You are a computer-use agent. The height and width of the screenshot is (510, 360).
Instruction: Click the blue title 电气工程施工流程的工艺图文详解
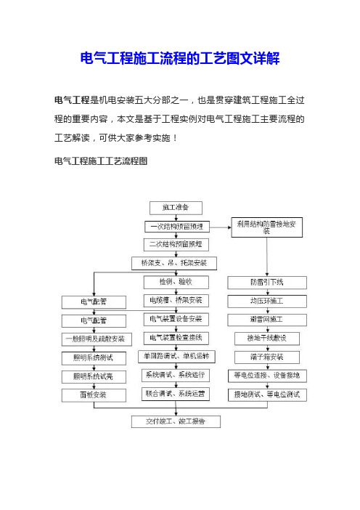click(x=180, y=58)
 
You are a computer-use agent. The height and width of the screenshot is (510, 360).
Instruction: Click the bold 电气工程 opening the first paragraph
click(x=72, y=100)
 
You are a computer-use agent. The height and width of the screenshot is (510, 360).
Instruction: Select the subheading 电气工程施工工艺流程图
click(x=101, y=161)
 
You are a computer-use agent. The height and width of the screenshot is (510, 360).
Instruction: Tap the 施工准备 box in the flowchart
click(x=176, y=208)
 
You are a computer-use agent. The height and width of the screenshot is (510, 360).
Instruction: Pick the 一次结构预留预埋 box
click(x=177, y=227)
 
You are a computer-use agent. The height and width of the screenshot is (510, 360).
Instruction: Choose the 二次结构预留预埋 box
click(x=176, y=245)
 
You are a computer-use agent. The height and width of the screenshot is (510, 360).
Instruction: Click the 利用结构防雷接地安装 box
click(x=267, y=227)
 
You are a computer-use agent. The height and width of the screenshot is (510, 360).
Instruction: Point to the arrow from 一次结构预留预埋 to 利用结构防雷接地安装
click(x=221, y=227)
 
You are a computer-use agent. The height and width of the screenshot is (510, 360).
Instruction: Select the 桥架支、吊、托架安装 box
click(x=174, y=263)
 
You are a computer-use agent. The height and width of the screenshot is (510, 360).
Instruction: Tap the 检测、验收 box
click(x=176, y=282)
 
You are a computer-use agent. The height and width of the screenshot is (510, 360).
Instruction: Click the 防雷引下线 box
click(x=267, y=283)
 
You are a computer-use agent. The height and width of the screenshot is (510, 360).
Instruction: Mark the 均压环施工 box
click(x=267, y=301)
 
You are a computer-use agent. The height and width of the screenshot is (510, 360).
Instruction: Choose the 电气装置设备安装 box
click(x=176, y=320)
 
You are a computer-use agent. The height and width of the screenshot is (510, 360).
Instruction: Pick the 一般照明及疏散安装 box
click(x=97, y=339)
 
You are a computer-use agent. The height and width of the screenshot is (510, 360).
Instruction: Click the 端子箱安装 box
click(x=267, y=357)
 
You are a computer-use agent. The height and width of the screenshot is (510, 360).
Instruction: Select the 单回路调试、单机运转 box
click(x=177, y=357)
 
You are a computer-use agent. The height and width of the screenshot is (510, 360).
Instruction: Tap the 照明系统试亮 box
click(x=94, y=376)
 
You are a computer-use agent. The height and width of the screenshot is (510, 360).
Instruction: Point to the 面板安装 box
click(x=94, y=395)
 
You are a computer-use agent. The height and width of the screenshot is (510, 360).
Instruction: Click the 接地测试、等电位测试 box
click(x=267, y=395)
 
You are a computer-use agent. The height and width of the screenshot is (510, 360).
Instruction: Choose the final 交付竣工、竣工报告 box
click(x=176, y=421)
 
